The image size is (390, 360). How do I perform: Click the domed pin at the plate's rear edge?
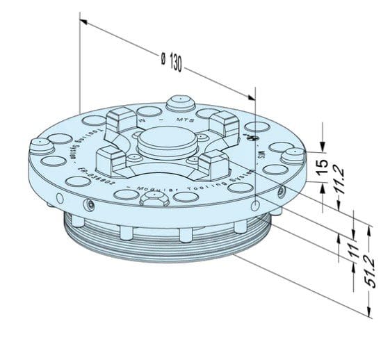pos(182,103)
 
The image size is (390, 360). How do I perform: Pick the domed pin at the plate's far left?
pos(40,145)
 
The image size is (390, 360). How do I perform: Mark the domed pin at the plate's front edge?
pos(152,199)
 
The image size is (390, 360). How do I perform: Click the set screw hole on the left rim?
pos(90,204)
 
